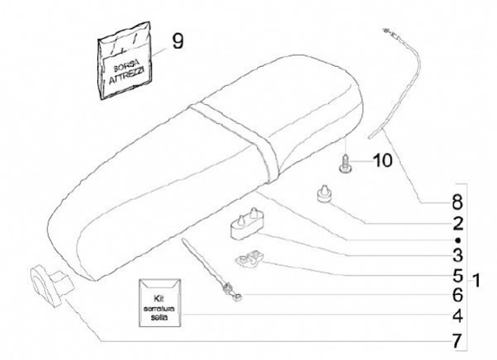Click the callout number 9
tap(177, 42)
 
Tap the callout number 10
tap(382, 161)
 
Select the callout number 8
tap(458, 203)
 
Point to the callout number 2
tap(458, 223)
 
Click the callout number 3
tap(458, 254)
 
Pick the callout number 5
tap(458, 275)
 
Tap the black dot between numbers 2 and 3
tap(458, 239)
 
